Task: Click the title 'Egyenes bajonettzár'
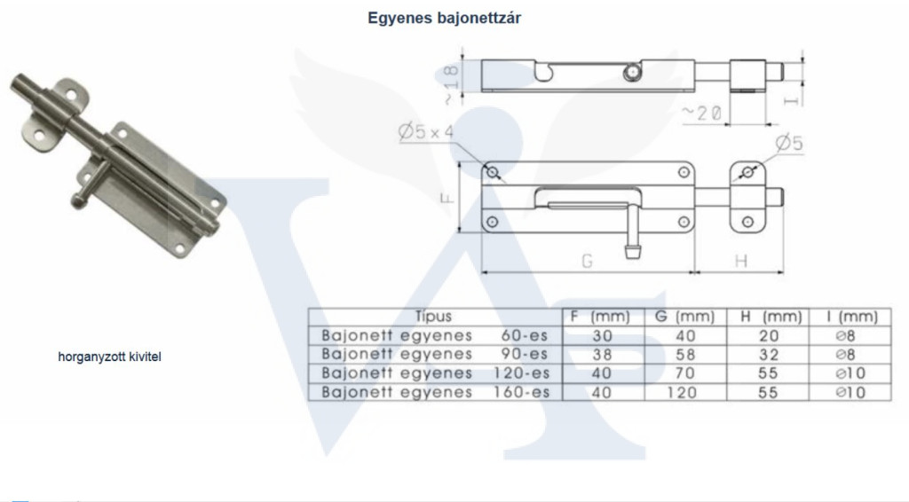click(x=444, y=19)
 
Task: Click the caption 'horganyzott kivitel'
click(x=109, y=357)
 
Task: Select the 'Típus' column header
click(x=433, y=316)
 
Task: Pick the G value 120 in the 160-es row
click(x=682, y=393)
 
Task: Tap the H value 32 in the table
click(x=768, y=355)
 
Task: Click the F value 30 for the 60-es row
click(x=603, y=336)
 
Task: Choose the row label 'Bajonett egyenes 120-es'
click(x=435, y=373)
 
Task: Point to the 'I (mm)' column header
click(x=852, y=317)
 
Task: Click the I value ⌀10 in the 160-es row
click(x=850, y=393)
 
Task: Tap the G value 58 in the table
click(x=685, y=355)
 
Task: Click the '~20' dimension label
click(x=701, y=113)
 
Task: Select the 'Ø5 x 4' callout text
click(x=426, y=132)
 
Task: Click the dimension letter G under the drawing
click(x=588, y=262)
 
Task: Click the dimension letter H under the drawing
click(x=741, y=262)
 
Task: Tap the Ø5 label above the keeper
click(x=789, y=143)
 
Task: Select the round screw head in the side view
click(x=632, y=73)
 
